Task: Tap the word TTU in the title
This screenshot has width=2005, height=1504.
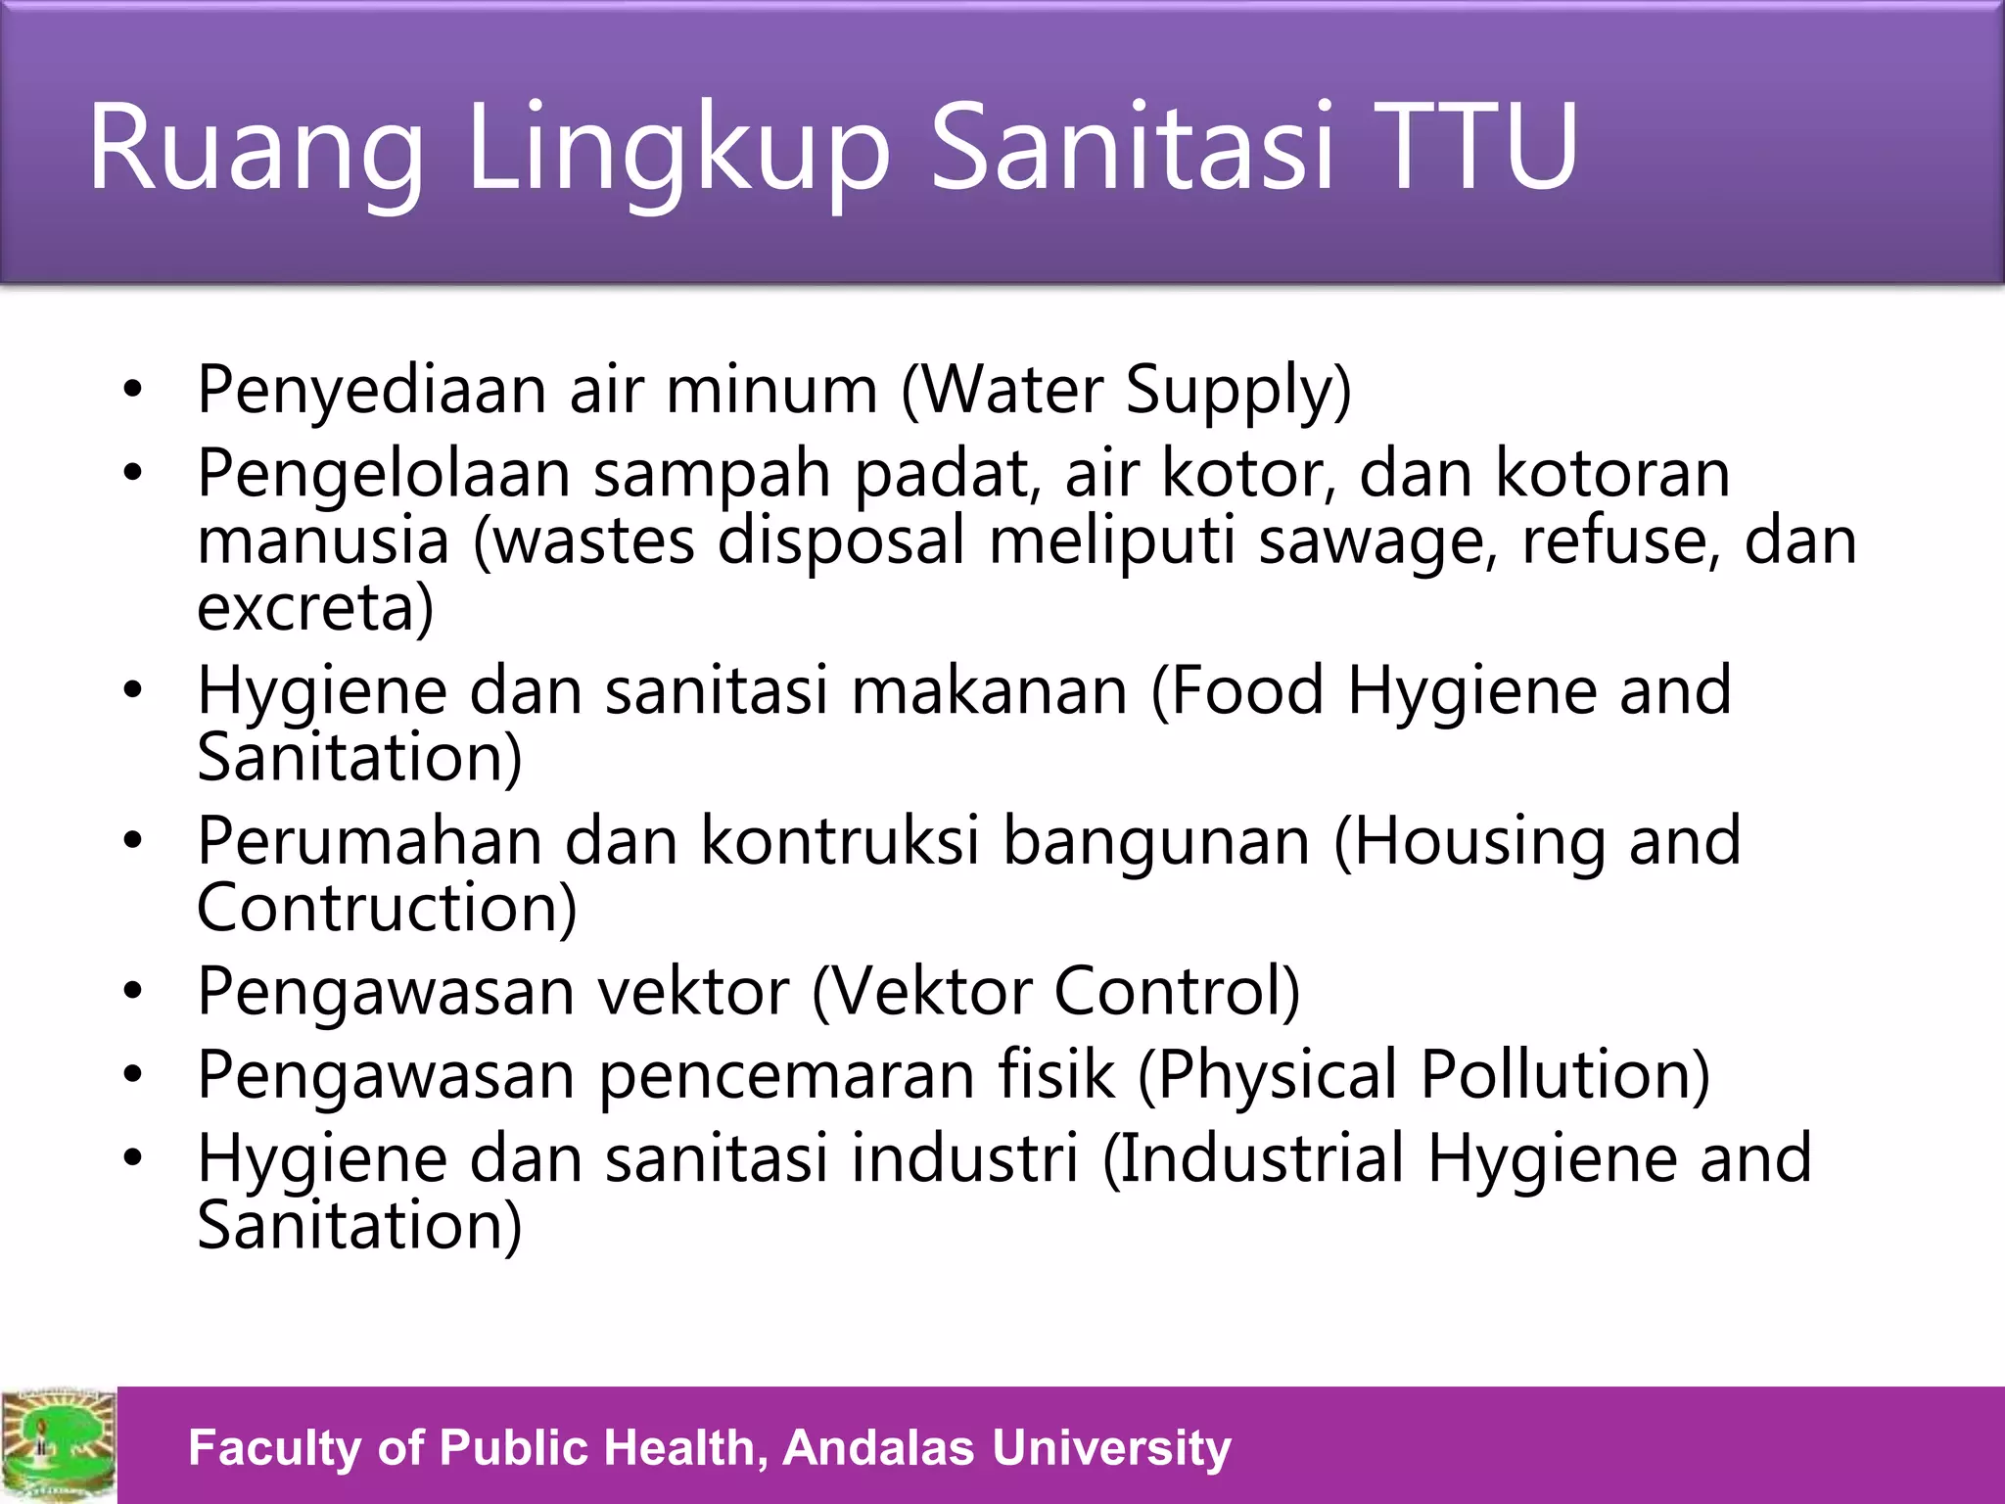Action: click(x=1478, y=147)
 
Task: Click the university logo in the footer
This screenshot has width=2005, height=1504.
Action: click(x=58, y=1445)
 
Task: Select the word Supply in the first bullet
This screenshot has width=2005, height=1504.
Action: click(x=1238, y=390)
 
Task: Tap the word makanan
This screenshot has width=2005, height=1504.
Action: click(x=990, y=690)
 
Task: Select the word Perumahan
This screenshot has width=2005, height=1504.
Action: click(x=369, y=841)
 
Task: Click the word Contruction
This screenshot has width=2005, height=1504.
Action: click(x=387, y=908)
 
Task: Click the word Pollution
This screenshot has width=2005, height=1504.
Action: click(x=1564, y=1074)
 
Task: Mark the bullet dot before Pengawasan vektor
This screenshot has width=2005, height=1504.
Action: click(x=133, y=992)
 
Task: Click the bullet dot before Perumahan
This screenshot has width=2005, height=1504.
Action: click(x=133, y=842)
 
